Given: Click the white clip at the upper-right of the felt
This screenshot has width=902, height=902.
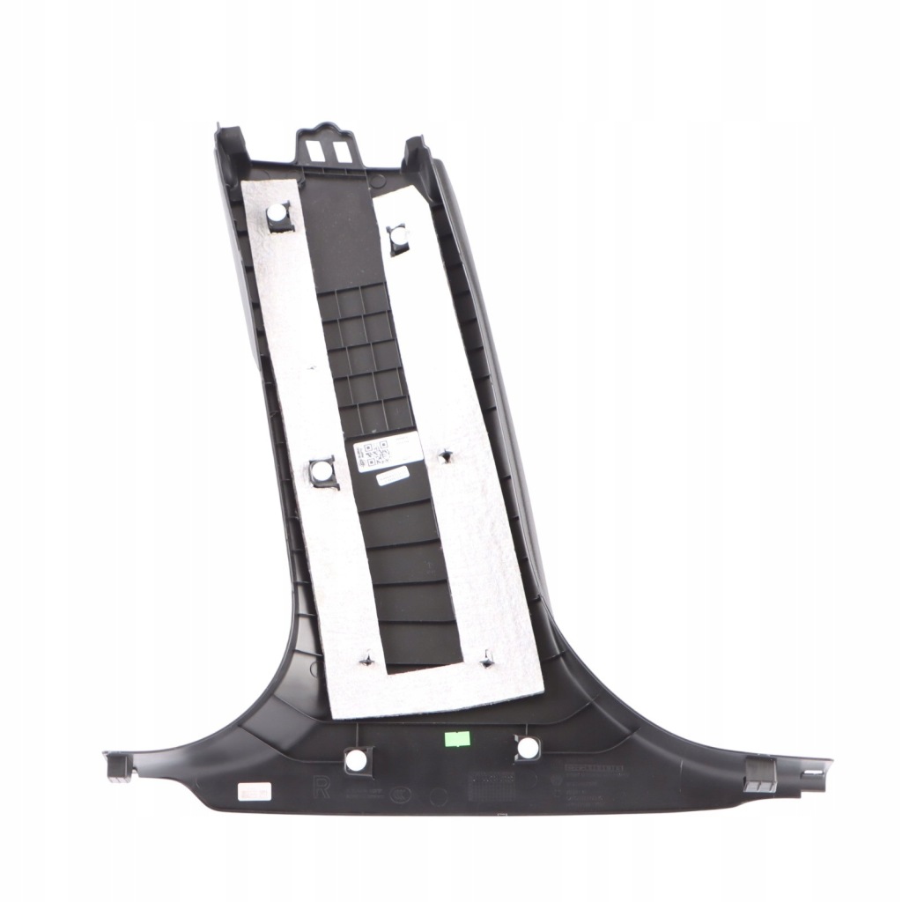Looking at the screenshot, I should click(x=398, y=236).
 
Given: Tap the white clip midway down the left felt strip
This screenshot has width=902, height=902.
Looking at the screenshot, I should click(x=323, y=472).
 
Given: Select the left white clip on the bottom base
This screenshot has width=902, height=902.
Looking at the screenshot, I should click(x=357, y=758).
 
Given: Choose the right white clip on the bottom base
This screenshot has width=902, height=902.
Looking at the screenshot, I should click(x=527, y=747).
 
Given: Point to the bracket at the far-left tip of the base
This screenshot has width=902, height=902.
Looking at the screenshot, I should click(x=118, y=765).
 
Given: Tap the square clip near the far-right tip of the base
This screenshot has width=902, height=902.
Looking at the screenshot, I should click(x=761, y=773).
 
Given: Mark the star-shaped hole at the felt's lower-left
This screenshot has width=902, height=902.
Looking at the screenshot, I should click(x=366, y=658).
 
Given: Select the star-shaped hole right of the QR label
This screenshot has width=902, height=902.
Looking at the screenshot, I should click(x=444, y=455).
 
